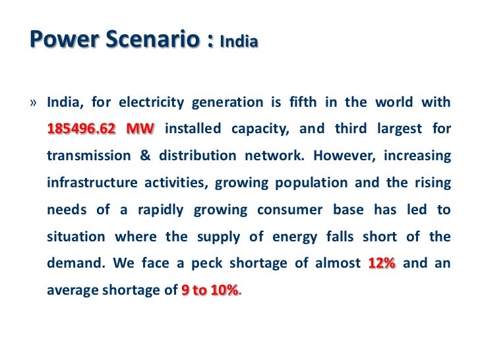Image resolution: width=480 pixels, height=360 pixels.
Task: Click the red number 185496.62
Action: coord(81,129)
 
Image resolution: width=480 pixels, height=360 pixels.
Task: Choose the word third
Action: coord(356,129)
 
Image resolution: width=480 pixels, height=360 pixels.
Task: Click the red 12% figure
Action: coord(382,264)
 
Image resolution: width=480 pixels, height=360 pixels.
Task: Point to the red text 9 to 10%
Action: coord(209,291)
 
